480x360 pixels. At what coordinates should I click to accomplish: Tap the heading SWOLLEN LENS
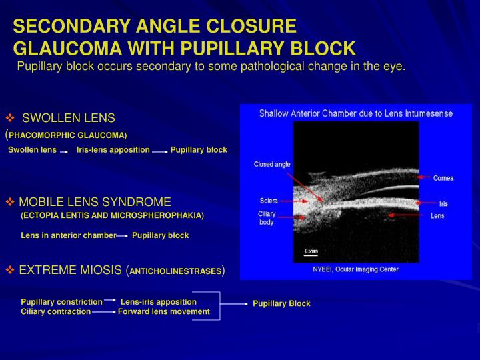point(69,118)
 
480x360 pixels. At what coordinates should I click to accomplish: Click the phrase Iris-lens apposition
point(113,149)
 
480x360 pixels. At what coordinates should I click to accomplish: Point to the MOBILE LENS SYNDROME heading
point(95,202)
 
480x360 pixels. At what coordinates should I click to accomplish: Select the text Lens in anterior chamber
point(68,235)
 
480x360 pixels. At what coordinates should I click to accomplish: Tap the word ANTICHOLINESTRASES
point(175,271)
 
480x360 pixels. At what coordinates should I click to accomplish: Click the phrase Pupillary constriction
point(61,302)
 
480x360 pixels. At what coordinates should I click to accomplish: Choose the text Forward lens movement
point(163,311)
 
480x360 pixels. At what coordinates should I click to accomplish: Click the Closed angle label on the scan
point(271,164)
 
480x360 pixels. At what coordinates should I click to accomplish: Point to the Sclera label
point(268,201)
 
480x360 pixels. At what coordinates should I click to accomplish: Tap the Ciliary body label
point(267,218)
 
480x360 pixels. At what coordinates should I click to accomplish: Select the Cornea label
point(443,178)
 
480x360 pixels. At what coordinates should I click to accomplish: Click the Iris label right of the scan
point(443,203)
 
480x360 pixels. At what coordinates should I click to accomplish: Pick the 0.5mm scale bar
point(311,253)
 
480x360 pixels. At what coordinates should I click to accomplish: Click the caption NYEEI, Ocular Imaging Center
point(355,269)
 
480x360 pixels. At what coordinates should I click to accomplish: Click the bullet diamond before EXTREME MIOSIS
point(10,270)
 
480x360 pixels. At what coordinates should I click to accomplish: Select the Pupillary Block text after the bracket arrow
point(281,303)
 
